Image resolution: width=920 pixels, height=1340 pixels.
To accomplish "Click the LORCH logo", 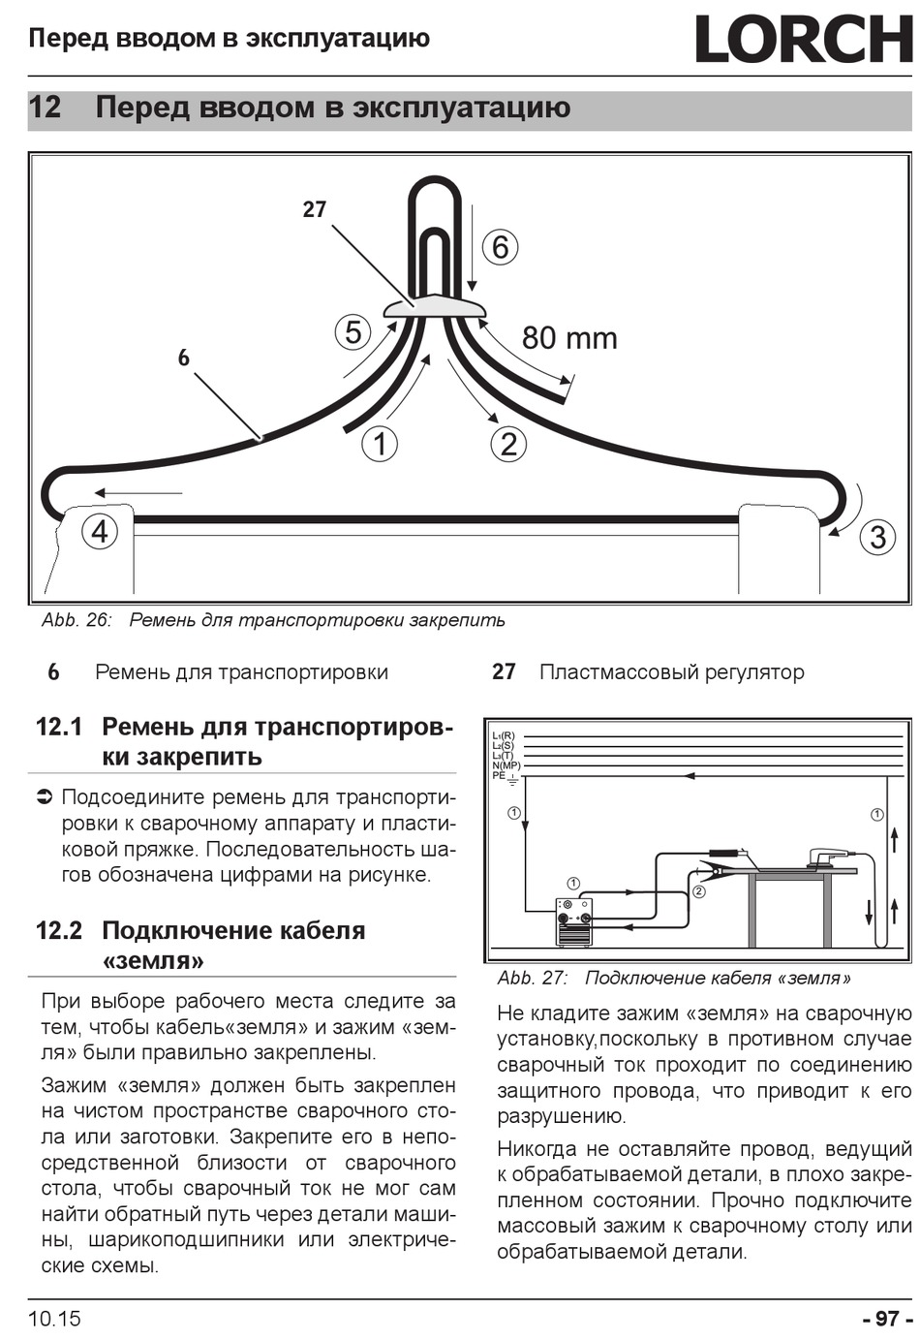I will pos(804,40).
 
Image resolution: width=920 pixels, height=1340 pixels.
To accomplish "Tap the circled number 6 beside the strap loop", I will pos(500,246).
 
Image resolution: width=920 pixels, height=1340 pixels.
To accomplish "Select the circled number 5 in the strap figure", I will pos(353,332).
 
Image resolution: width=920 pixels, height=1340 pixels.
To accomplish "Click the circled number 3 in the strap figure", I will pos(877,537).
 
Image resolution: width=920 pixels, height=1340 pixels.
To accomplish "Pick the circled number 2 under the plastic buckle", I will pos(508,444).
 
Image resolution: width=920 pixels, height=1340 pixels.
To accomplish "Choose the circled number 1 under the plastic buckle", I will pos(380,444).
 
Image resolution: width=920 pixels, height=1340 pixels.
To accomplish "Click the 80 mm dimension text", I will pos(569,338).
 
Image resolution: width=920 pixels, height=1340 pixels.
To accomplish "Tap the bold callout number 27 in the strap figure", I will pos(314,209).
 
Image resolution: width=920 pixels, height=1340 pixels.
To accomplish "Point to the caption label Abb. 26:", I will pos(77,620).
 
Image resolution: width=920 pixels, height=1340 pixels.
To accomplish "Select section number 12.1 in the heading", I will pos(59,727).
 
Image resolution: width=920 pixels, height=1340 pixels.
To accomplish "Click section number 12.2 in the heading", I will pos(59,931).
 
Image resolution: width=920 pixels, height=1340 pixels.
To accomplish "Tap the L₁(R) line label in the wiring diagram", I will pos(504,736).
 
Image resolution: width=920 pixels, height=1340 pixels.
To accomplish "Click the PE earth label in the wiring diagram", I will pos(501,775).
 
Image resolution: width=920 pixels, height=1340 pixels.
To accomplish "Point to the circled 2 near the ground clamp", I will pos(698,890).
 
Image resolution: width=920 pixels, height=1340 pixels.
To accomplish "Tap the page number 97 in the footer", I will pos(886,1319).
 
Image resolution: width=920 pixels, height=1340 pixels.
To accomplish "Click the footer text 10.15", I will pos(54,1319).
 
